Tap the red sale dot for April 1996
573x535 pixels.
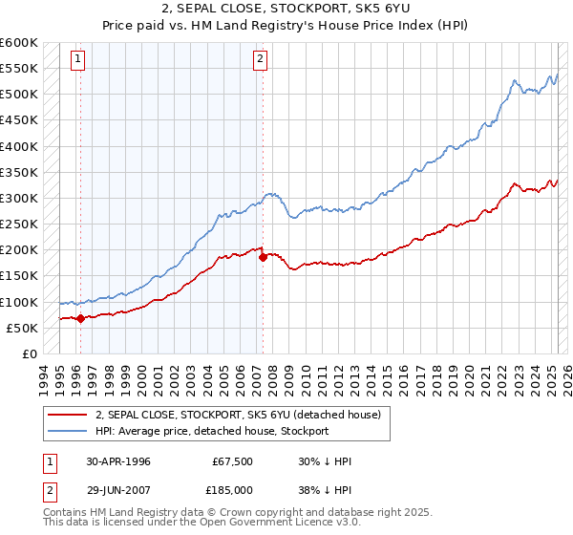click(x=80, y=319)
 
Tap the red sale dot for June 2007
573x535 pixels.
click(x=263, y=258)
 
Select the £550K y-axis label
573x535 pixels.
click(x=18, y=69)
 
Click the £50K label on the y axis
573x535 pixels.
click(x=21, y=328)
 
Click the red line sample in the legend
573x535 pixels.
click(x=68, y=415)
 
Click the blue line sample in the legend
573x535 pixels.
click(x=68, y=431)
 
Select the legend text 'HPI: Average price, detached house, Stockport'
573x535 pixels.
click(x=212, y=431)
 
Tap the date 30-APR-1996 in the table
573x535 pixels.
click(x=118, y=461)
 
